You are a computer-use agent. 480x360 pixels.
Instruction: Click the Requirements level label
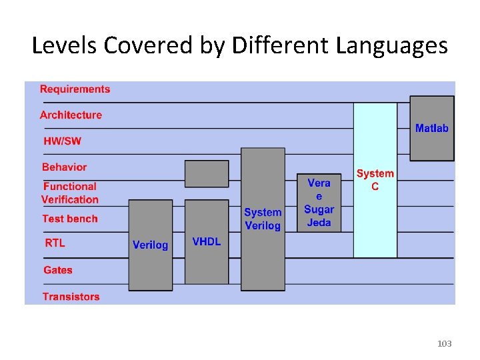pyautogui.click(x=75, y=89)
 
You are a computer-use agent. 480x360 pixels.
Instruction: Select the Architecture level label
pyautogui.click(x=71, y=115)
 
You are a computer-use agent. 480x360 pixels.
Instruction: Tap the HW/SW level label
pyautogui.click(x=62, y=141)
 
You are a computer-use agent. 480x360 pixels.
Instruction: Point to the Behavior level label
pyautogui.click(x=64, y=167)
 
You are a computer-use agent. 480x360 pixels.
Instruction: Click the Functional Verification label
pyautogui.click(x=69, y=193)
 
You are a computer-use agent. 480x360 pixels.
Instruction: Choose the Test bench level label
pyautogui.click(x=69, y=219)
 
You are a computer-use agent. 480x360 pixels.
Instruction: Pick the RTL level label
pyautogui.click(x=55, y=243)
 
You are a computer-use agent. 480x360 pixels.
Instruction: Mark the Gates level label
pyautogui.click(x=58, y=270)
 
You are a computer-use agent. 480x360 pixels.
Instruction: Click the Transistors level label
pyautogui.click(x=71, y=297)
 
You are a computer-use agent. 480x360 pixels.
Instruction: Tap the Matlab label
pyautogui.click(x=432, y=128)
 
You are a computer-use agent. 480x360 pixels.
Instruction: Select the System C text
pyautogui.click(x=375, y=180)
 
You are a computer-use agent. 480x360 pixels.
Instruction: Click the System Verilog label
pyautogui.click(x=263, y=219)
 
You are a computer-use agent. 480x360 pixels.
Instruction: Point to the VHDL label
pyautogui.click(x=206, y=241)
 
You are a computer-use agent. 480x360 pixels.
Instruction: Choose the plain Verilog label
pyautogui.click(x=150, y=245)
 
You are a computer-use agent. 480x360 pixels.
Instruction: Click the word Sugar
pyautogui.click(x=319, y=209)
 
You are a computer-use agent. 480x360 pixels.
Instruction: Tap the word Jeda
pyautogui.click(x=319, y=223)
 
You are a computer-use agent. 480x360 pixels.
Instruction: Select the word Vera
pyautogui.click(x=319, y=183)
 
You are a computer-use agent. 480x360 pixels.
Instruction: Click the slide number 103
pyautogui.click(x=444, y=343)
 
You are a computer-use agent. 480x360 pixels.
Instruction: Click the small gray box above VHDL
pyautogui.click(x=206, y=173)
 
